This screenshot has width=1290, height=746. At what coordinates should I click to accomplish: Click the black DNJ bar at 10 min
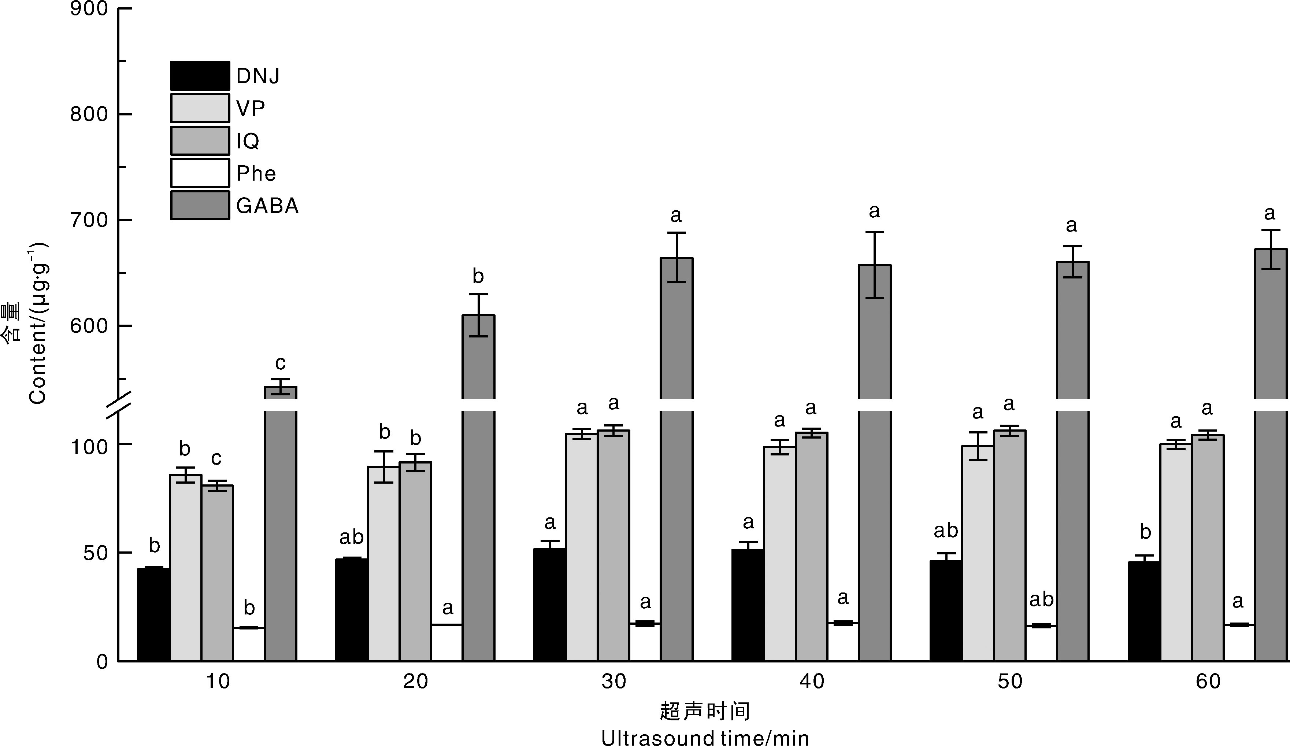[153, 614]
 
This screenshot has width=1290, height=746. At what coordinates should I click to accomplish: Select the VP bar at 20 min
[384, 563]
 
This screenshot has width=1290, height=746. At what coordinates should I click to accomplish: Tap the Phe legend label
[256, 174]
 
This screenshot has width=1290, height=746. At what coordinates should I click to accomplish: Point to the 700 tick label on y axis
[89, 221]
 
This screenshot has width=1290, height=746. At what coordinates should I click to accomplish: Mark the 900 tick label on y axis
[89, 9]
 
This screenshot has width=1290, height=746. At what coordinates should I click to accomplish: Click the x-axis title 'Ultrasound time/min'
[705, 738]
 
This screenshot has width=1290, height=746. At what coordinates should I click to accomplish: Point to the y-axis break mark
[119, 405]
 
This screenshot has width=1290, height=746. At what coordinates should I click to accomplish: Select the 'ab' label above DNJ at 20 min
[352, 537]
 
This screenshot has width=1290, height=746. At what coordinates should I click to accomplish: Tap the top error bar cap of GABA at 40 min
[875, 232]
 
